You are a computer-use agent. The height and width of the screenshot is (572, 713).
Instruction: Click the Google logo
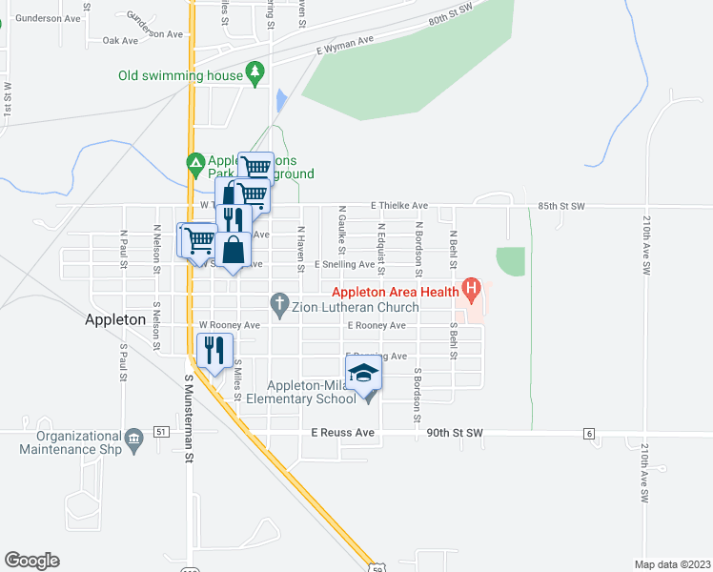(x=31, y=561)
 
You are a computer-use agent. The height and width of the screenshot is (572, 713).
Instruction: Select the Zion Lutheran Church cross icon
(x=279, y=306)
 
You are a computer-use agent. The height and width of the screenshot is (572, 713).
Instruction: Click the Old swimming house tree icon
(x=255, y=72)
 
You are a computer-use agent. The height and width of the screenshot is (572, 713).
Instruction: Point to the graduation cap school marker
(x=362, y=373)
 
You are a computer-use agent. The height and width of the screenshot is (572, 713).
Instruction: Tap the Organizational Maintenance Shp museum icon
(x=133, y=438)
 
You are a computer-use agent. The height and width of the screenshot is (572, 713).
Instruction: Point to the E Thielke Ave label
(x=399, y=205)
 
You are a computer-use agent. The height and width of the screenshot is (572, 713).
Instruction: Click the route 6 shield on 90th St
(x=589, y=434)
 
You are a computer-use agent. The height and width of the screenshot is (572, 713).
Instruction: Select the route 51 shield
(x=162, y=433)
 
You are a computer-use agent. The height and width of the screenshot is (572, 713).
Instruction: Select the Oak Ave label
(x=121, y=41)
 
